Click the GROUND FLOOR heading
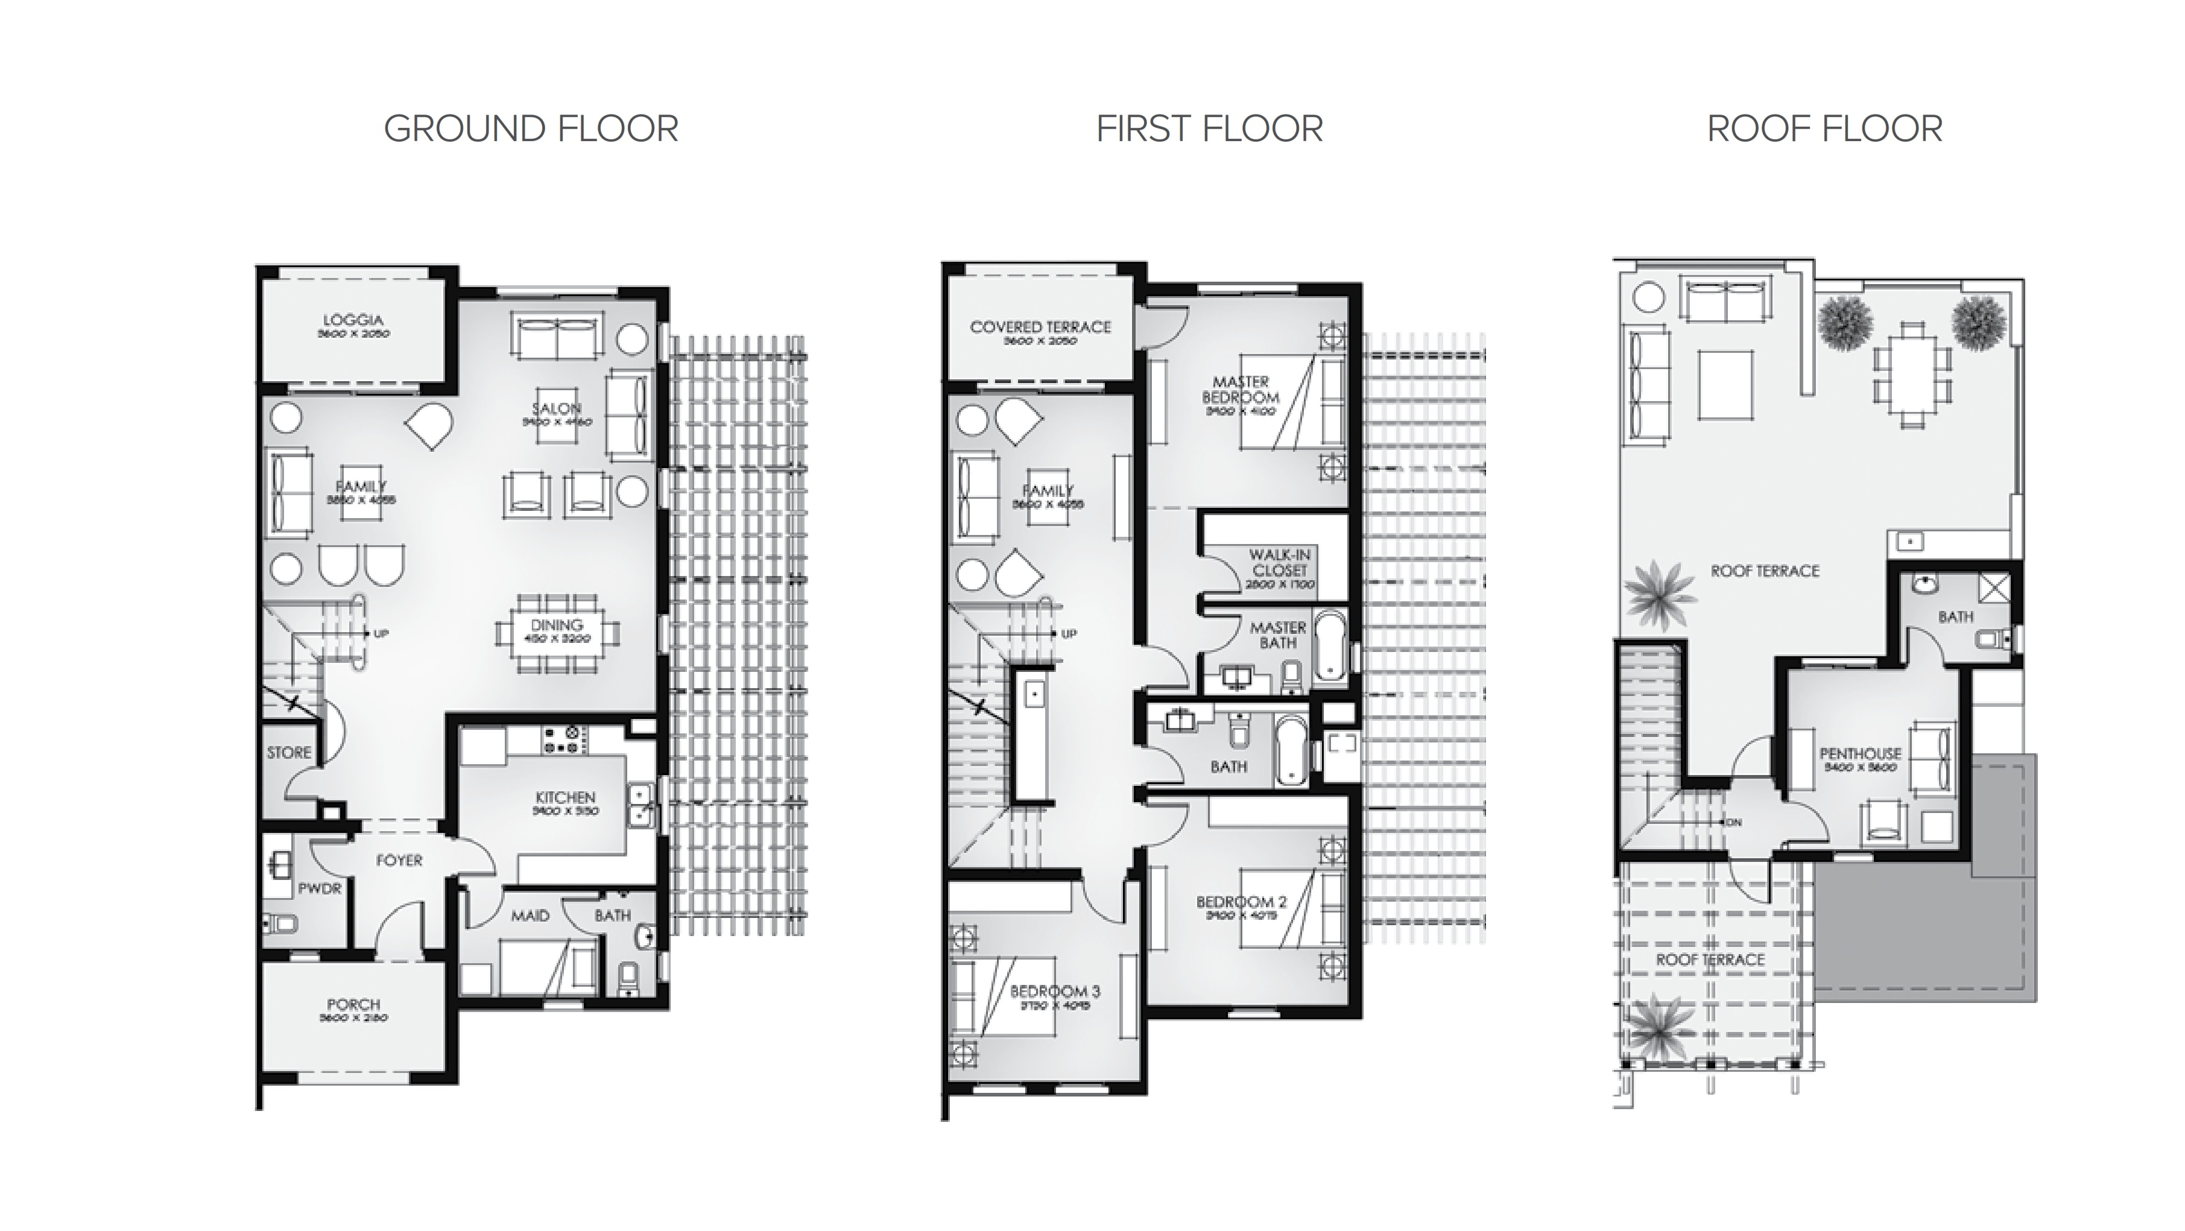tap(531, 129)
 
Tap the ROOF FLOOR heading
tap(1824, 129)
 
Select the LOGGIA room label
tap(353, 321)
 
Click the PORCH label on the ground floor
tap(353, 1004)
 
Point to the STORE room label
tap(288, 753)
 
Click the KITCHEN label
tap(565, 797)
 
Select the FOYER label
tap(399, 860)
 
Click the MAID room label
tap(530, 916)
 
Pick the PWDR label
tap(319, 888)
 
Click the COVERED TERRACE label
tap(1040, 327)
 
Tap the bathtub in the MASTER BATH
tap(1329, 647)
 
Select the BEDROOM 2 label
tap(1241, 902)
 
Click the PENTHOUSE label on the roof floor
tap(1860, 753)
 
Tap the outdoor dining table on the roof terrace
tap(1912, 374)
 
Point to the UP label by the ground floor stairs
tap(381, 634)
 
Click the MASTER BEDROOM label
tap(1240, 390)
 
